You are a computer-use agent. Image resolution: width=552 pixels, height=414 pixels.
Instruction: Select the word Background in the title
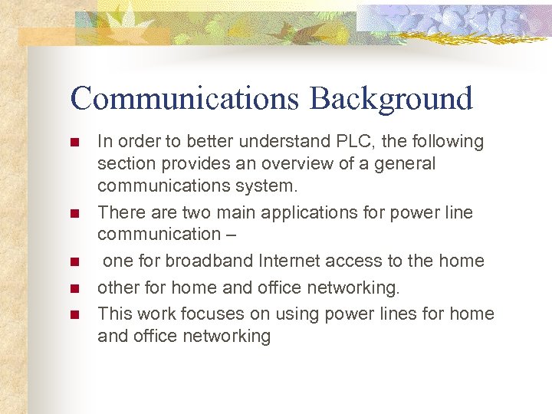point(392,99)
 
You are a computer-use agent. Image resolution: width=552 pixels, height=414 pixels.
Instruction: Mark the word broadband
point(201,261)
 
